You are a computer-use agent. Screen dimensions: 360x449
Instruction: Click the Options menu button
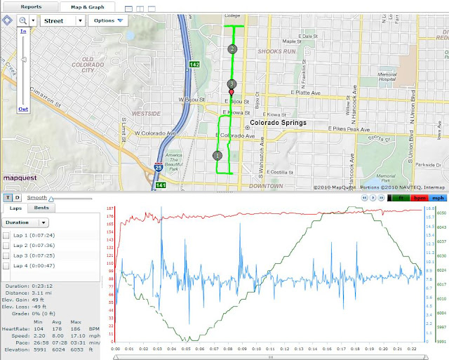coord(108,21)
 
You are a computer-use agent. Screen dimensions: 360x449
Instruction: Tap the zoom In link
coord(23,32)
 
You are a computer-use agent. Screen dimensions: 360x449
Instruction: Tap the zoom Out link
coord(23,109)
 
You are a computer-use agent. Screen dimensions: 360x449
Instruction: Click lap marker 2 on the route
coord(232,49)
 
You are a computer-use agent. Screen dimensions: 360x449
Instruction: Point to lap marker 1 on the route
coord(217,155)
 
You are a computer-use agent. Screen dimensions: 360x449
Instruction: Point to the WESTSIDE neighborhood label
coord(149,113)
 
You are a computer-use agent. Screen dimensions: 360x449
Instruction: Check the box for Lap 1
coord(6,234)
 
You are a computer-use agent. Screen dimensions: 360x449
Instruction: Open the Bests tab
coord(41,208)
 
